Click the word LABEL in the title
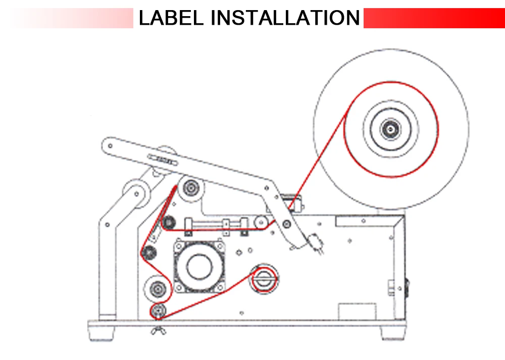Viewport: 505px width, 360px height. (171, 18)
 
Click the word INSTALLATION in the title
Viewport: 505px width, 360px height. (285, 18)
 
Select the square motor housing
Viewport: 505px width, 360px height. (199, 266)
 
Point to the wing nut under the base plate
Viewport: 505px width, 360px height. (159, 330)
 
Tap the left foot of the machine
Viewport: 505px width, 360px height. (101, 333)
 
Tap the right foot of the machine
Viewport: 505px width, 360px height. (393, 333)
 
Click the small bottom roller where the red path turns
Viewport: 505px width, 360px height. (158, 311)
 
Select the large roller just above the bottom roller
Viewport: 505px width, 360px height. (158, 288)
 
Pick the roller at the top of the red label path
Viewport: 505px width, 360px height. (191, 188)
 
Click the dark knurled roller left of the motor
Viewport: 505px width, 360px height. (149, 252)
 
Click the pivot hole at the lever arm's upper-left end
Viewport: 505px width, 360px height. (110, 146)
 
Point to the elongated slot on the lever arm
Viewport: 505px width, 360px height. (163, 160)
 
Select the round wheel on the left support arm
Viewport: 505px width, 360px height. (136, 194)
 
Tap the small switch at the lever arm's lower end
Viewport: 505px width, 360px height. (315, 243)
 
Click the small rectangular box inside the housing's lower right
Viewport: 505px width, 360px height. (357, 312)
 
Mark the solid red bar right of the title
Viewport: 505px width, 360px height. (434, 18)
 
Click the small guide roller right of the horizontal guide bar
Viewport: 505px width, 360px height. (261, 222)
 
